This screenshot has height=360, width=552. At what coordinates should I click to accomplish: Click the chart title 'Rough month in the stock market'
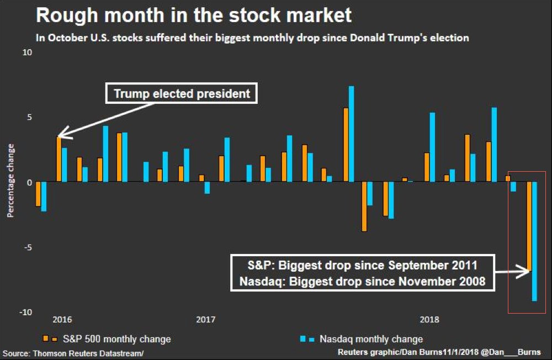pos(193,15)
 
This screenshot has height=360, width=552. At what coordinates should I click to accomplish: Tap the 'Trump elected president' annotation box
pos(182,94)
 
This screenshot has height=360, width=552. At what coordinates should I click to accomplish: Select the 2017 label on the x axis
pos(205,319)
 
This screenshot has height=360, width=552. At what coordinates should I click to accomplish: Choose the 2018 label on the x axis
pos(429,319)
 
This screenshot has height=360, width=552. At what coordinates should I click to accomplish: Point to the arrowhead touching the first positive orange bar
pos(60,135)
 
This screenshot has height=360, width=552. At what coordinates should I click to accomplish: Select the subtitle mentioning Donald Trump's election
pos(252,38)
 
